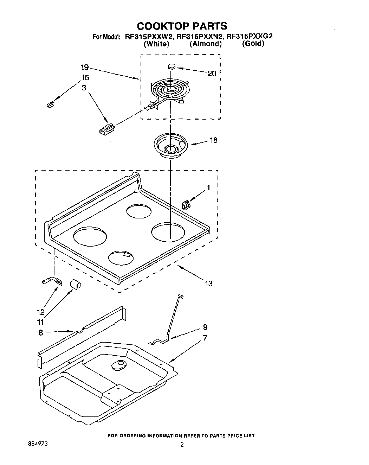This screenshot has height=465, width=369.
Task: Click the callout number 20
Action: pos(212,74)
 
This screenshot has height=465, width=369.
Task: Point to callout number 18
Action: pos(213,140)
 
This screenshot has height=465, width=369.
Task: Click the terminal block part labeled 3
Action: pos(106,129)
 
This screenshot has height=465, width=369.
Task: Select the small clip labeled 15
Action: pos(50,104)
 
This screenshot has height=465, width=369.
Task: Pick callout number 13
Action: pos(208,283)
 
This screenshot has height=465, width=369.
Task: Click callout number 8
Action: pos(41,332)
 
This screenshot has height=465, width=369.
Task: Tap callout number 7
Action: pos(205,338)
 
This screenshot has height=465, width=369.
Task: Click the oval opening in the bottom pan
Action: pos(118,365)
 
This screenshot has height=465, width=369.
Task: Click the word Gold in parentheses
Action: pos(253,44)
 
